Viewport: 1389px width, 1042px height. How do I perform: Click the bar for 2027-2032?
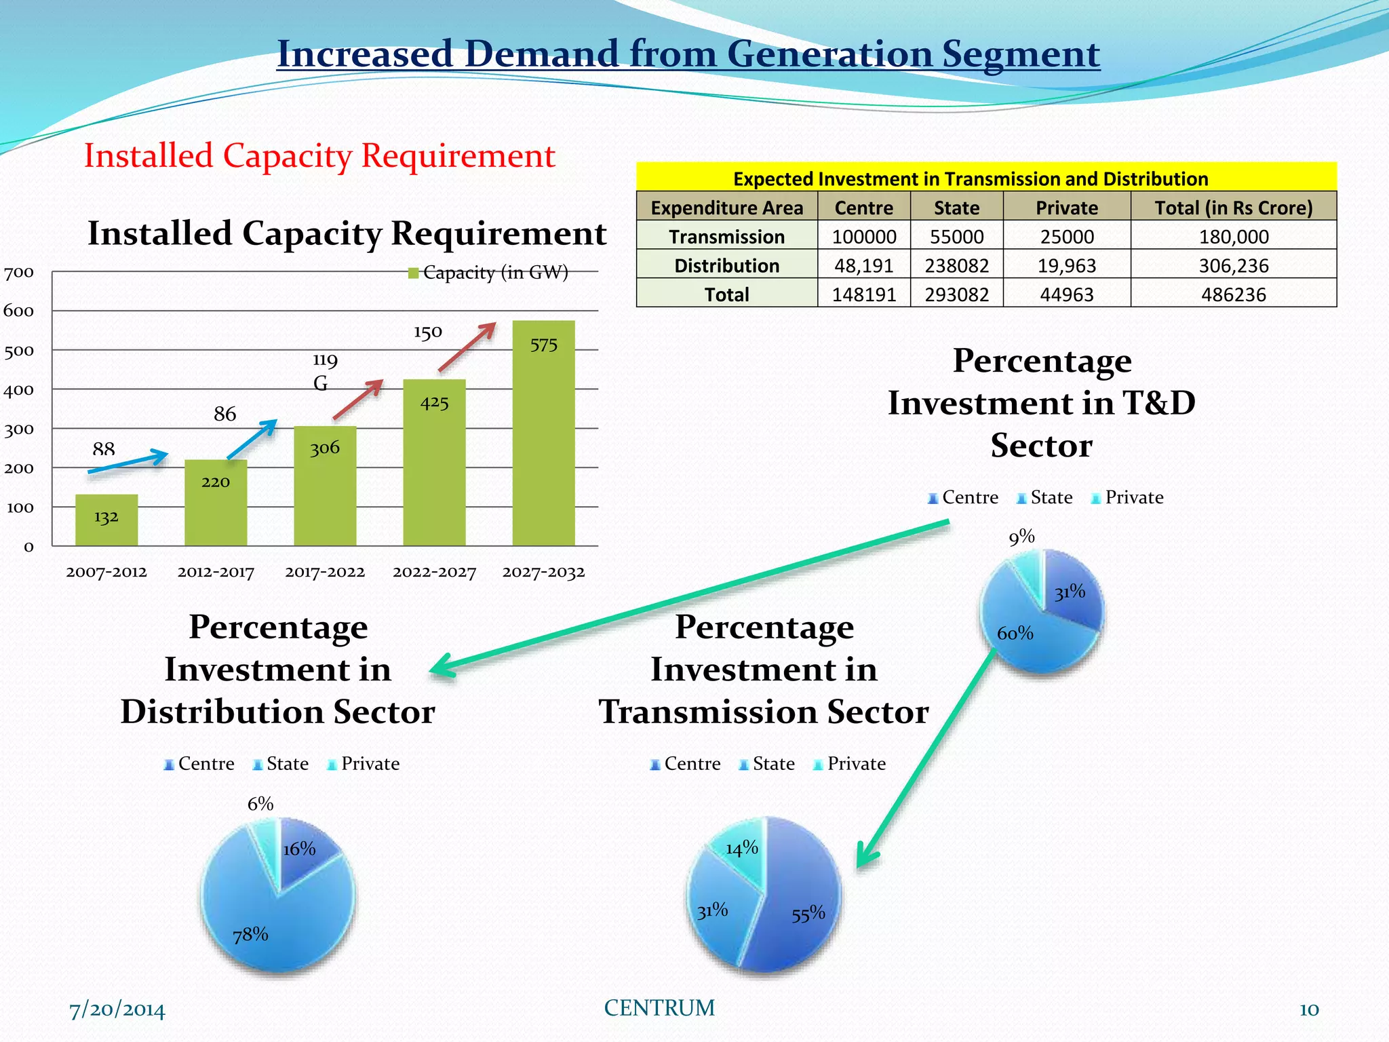click(x=543, y=434)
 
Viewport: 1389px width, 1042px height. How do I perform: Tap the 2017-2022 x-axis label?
click(x=325, y=572)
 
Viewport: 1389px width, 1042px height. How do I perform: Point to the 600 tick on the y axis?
click(x=19, y=311)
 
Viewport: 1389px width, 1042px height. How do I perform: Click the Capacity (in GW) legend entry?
click(x=488, y=273)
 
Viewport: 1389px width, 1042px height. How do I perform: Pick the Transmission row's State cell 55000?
click(x=956, y=237)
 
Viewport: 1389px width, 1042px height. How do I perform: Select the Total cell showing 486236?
click(x=1233, y=294)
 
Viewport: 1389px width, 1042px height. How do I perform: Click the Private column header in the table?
click(x=1066, y=208)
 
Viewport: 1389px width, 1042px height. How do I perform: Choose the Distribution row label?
click(x=726, y=265)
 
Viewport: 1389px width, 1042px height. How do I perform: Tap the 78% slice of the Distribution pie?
click(x=271, y=923)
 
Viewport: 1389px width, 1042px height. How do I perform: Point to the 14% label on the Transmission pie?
click(x=741, y=848)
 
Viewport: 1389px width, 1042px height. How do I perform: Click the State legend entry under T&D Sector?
click(x=1044, y=497)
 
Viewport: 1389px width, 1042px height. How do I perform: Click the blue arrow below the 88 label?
click(x=128, y=462)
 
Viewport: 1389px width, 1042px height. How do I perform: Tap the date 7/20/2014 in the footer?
click(x=117, y=1009)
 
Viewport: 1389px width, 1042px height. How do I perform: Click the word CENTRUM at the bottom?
click(x=659, y=1008)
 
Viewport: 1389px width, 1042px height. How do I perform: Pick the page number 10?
click(x=1308, y=1009)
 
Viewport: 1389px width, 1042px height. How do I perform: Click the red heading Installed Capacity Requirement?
click(x=319, y=155)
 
